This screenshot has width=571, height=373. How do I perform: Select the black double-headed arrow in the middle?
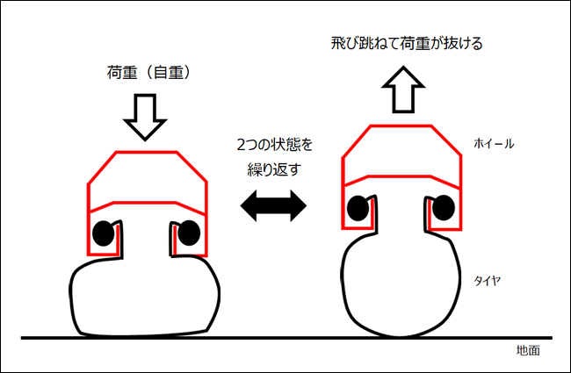(x=273, y=207)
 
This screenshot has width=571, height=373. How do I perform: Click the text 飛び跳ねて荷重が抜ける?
(x=405, y=42)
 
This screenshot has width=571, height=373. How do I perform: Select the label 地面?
(x=527, y=350)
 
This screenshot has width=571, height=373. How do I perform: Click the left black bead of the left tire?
(x=105, y=233)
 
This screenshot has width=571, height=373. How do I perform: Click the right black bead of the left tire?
(x=186, y=233)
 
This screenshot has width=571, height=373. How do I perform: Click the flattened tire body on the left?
(x=145, y=298)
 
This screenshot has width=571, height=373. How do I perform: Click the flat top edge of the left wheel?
(x=146, y=152)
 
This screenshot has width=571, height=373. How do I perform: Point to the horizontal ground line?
(x=264, y=338)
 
